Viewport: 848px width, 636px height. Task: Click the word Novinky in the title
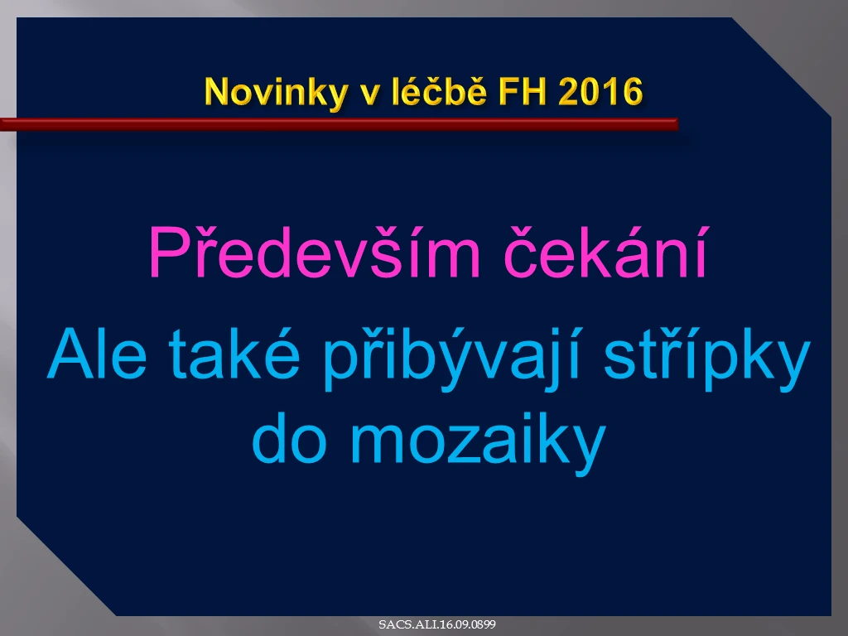tap(276, 93)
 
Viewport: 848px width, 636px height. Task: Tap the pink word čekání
tap(605, 252)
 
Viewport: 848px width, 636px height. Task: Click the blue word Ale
tap(98, 354)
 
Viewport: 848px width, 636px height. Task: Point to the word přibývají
tap(452, 359)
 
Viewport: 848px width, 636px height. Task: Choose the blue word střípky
tap(707, 359)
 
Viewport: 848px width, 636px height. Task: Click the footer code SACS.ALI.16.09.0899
tap(437, 624)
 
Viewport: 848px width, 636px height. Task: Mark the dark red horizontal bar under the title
tap(339, 124)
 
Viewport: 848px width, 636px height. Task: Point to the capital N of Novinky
tap(218, 91)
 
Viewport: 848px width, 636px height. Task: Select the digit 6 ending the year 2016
tap(632, 91)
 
